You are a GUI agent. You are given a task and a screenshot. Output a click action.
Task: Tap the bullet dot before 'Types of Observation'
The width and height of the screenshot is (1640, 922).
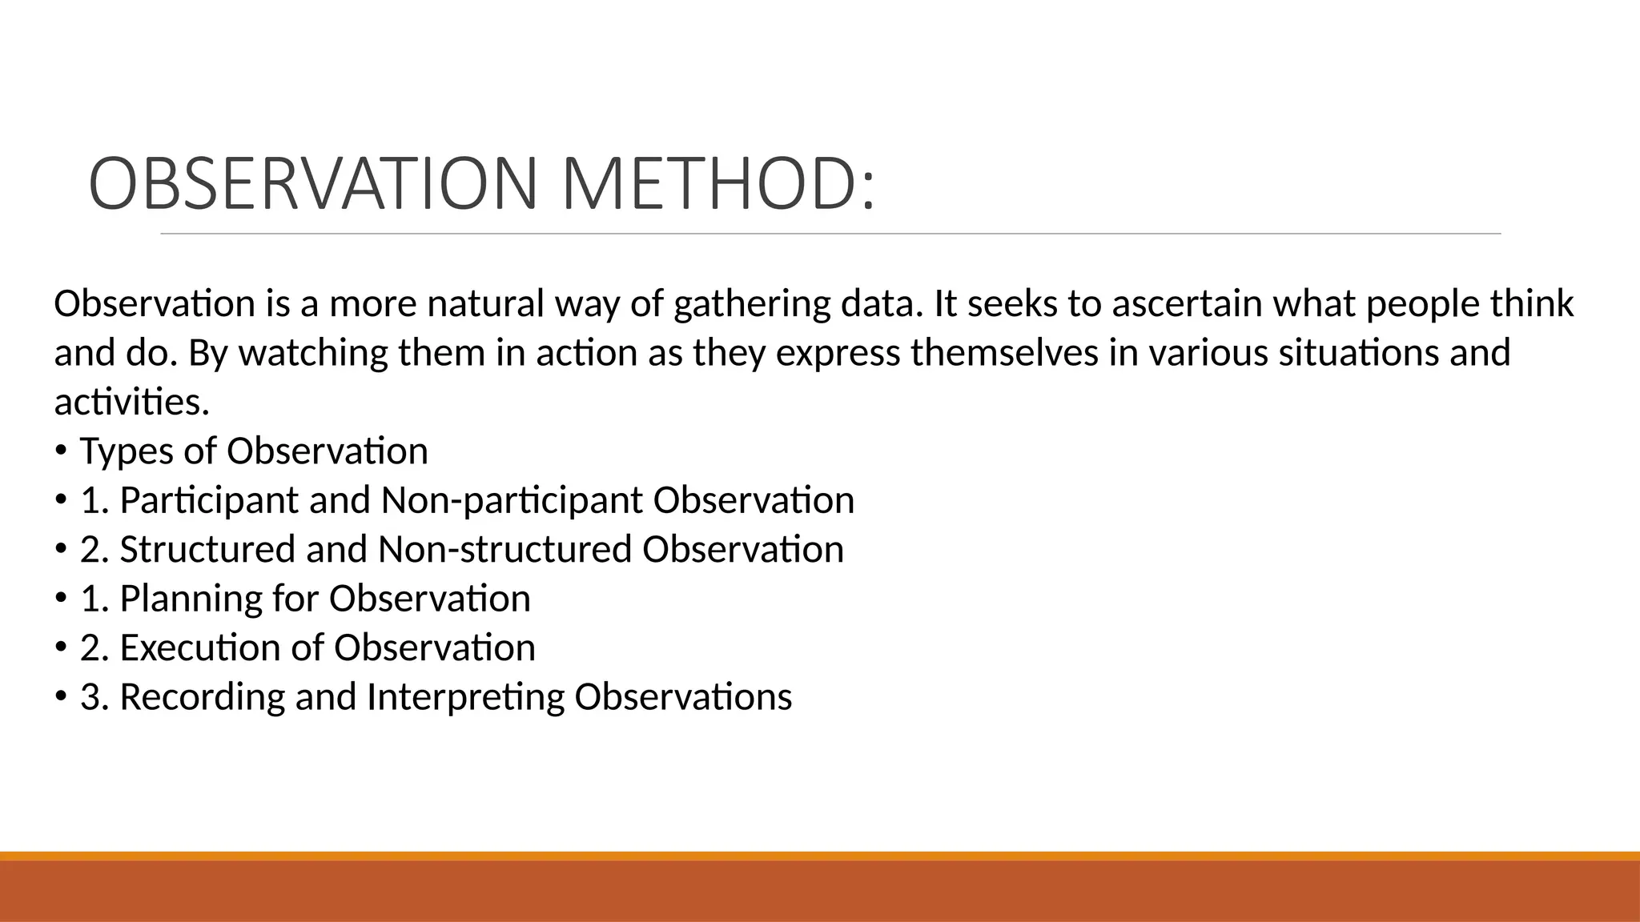point(62,452)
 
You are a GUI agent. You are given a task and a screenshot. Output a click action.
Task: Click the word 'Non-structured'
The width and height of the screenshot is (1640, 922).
point(504,549)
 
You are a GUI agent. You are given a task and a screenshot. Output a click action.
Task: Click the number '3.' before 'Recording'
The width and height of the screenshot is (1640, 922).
point(94,697)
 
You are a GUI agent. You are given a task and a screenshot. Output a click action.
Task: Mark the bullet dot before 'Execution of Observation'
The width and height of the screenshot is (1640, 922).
point(62,649)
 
